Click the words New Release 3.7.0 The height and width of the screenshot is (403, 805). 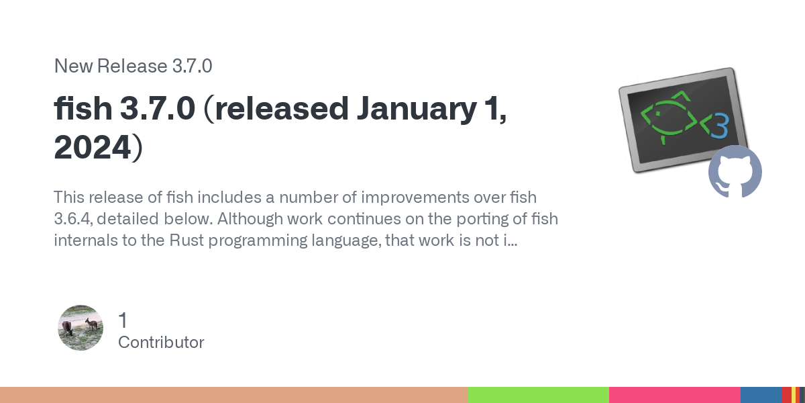point(133,66)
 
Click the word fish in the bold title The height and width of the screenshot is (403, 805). point(83,108)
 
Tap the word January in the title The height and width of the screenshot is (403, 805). point(417,109)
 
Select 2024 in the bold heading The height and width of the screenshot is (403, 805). point(93,147)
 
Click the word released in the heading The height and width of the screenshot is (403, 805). point(282,108)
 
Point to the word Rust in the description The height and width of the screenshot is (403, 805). point(186,240)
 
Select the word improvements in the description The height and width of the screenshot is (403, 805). point(415,197)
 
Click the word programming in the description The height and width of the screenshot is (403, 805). point(258,240)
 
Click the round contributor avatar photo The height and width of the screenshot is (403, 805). point(80,328)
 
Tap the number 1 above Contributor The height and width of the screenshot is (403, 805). point(123,320)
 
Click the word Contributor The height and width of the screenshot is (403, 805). point(161,342)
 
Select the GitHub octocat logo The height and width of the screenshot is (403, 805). point(735,172)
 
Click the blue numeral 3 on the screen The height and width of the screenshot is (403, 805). point(720,126)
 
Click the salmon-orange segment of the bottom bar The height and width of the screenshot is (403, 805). point(234,395)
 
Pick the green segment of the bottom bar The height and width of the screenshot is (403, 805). point(539,395)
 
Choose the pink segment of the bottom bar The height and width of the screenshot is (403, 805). point(675,395)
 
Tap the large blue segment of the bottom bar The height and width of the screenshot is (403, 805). point(761,395)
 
